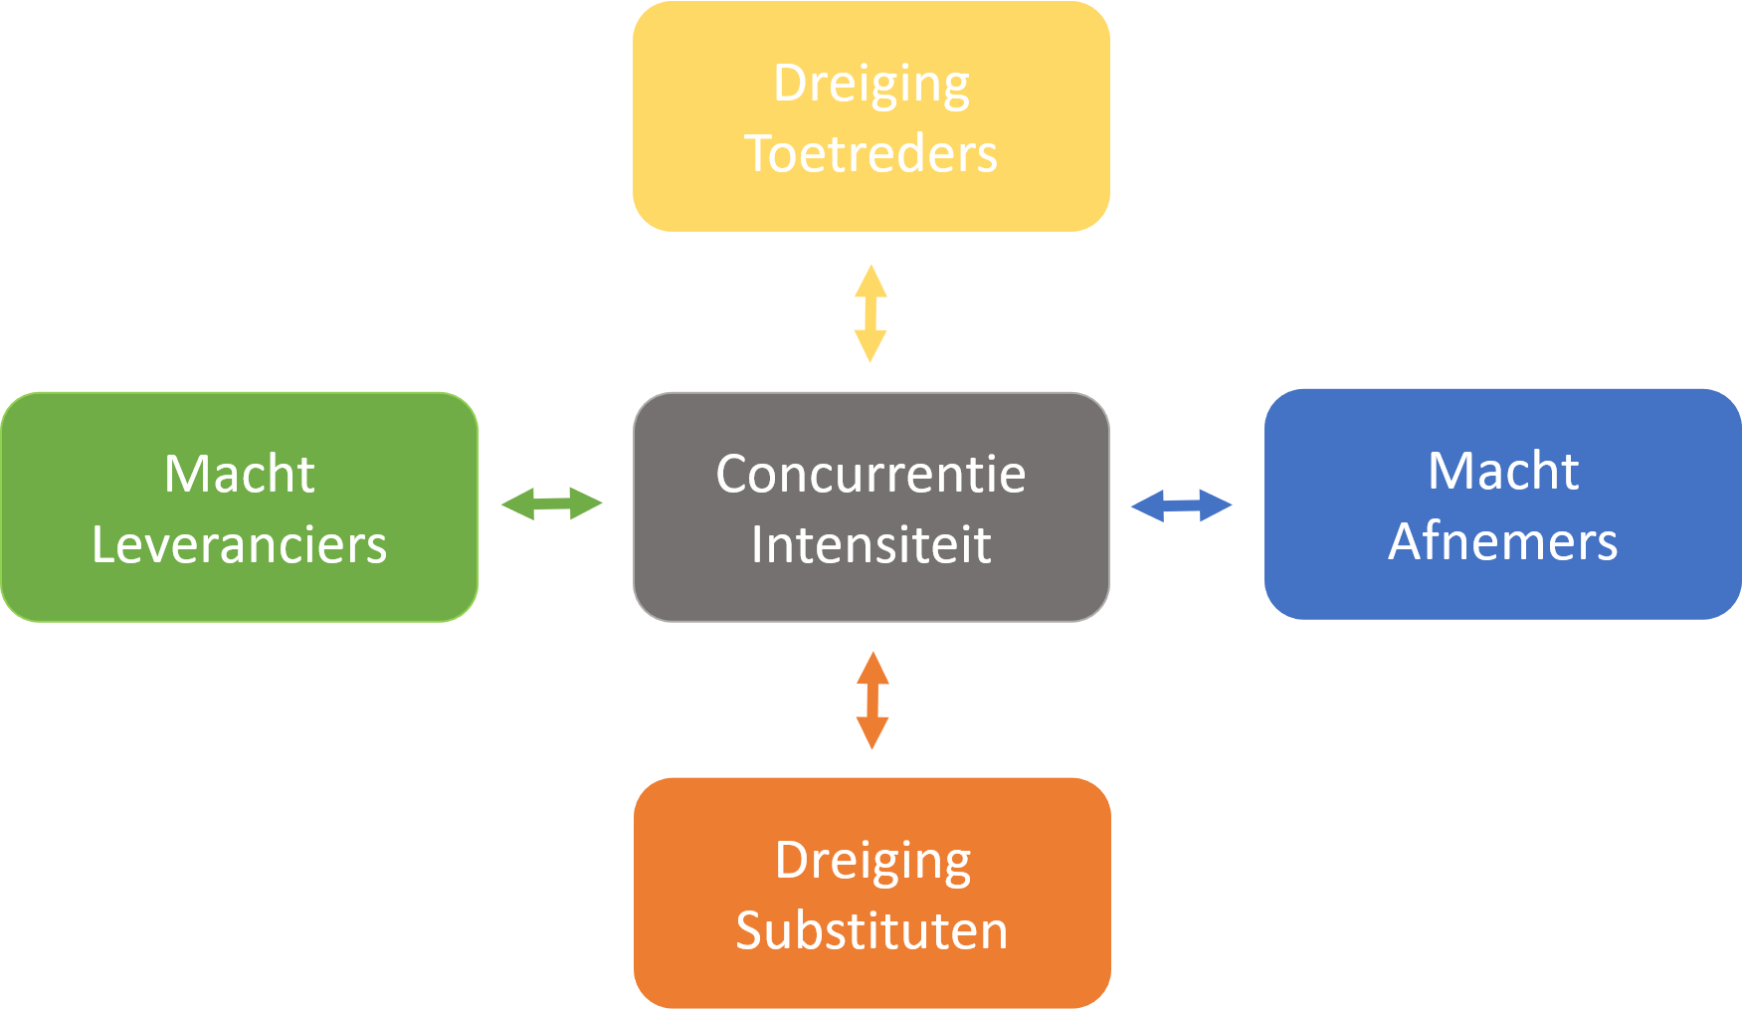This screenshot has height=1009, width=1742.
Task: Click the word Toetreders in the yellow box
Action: click(871, 154)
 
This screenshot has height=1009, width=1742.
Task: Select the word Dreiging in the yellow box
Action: click(871, 85)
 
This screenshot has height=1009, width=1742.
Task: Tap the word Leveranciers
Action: click(239, 545)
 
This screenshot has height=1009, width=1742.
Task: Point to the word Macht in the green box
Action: click(239, 474)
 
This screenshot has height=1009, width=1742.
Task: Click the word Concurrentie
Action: click(871, 474)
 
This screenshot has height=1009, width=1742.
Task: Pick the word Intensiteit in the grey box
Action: click(871, 545)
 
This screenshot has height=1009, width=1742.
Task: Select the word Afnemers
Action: click(1502, 542)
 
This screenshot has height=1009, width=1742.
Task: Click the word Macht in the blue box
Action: click(1502, 471)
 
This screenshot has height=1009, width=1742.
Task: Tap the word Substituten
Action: click(871, 931)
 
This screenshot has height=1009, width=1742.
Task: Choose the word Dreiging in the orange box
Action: click(872, 861)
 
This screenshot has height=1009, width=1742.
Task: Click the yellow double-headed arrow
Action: click(871, 313)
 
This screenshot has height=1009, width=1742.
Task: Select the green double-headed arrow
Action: click(551, 504)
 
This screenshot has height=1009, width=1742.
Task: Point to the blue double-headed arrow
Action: click(1181, 505)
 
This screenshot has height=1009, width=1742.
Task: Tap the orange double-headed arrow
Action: click(872, 701)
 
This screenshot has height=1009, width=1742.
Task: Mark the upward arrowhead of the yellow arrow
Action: click(871, 279)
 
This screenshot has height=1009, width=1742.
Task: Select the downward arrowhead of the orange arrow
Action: click(872, 734)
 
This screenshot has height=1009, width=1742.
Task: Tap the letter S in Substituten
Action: click(749, 931)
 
